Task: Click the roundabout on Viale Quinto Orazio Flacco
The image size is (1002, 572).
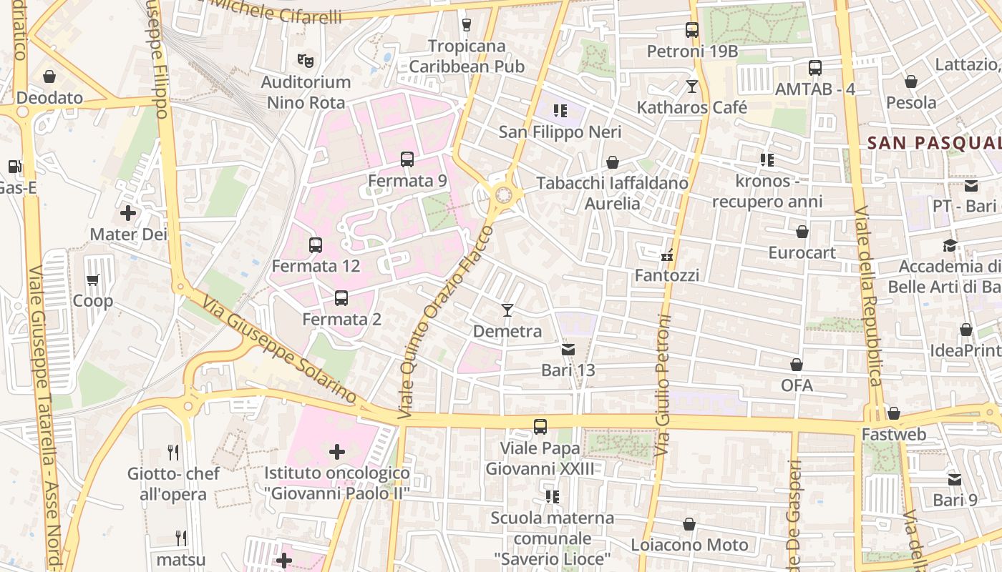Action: pos(504,194)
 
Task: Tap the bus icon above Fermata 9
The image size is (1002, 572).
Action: pos(407,159)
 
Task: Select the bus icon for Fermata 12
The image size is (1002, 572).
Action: pos(316,245)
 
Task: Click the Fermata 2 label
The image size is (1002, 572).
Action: pos(342,320)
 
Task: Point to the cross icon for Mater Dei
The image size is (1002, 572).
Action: pos(128,213)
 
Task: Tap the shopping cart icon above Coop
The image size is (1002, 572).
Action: pos(92,280)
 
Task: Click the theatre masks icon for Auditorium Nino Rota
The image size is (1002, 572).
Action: pos(306,61)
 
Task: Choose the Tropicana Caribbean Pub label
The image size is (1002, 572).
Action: pos(467,56)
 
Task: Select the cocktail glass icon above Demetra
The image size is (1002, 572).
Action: pos(507,310)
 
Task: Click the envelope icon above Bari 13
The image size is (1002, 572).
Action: pos(568,350)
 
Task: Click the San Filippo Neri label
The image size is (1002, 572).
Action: pos(560,132)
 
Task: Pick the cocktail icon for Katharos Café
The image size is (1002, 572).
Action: pos(691,87)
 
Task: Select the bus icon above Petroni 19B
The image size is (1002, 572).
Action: pos(691,30)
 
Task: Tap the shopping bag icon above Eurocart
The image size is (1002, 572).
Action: pos(802,232)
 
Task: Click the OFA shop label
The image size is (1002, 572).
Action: pos(797,385)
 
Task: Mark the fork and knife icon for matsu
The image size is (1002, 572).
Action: pos(181,538)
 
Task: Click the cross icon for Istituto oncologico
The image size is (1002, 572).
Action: pos(336,452)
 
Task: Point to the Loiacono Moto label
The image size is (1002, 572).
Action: pos(689,545)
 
